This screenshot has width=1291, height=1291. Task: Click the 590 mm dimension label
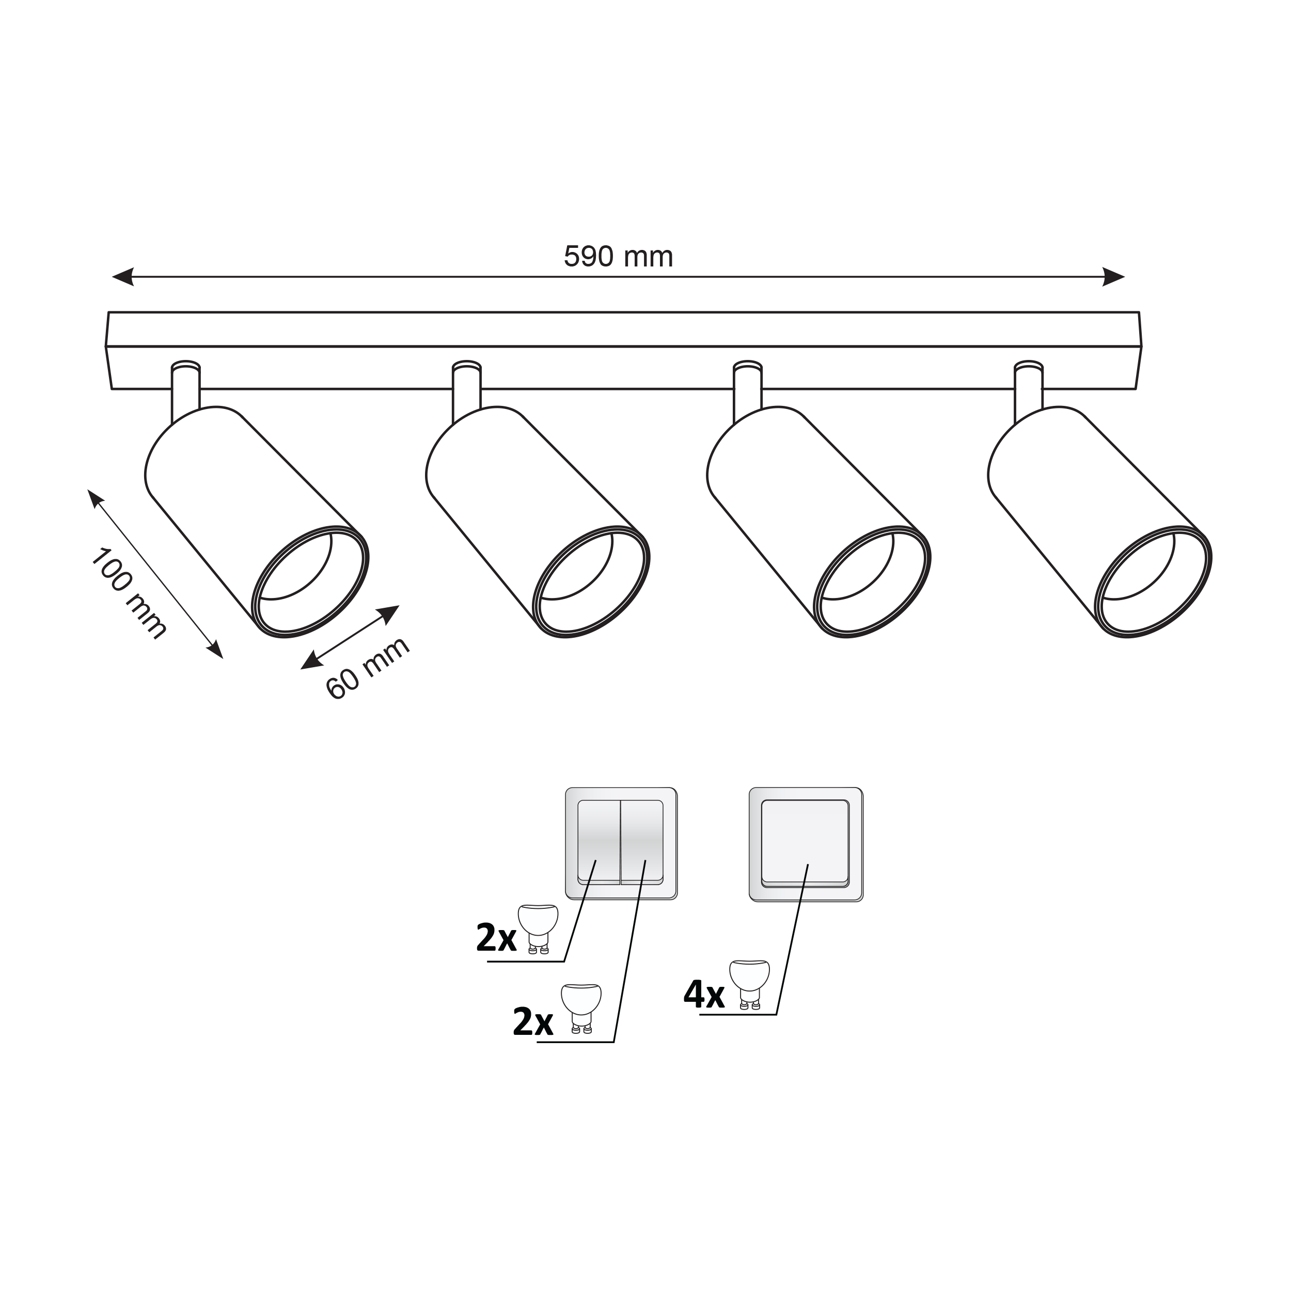point(618,257)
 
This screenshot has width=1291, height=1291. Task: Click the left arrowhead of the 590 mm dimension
point(123,277)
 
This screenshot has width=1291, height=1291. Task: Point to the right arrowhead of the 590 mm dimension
point(1114,277)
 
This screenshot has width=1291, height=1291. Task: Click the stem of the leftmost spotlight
point(186,392)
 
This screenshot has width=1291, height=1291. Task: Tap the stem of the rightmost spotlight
point(1028,392)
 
